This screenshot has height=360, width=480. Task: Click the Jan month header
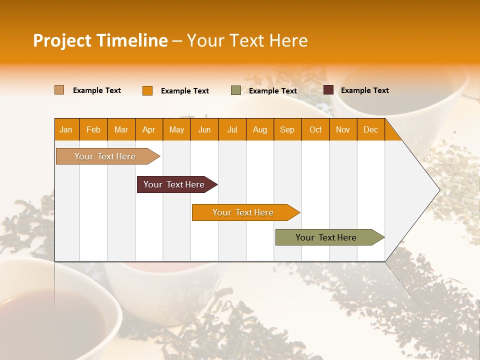click(x=66, y=129)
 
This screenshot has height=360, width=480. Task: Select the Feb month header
click(x=93, y=129)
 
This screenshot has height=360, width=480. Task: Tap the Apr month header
click(x=148, y=129)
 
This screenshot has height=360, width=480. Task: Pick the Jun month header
click(x=204, y=129)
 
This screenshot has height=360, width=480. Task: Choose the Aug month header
click(x=259, y=129)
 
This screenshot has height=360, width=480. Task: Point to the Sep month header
click(x=287, y=129)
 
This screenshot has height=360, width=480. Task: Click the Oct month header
click(x=315, y=129)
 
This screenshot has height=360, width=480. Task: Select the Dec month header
click(x=370, y=129)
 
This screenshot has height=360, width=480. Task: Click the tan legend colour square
click(x=59, y=90)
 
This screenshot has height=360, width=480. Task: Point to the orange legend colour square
click(x=147, y=90)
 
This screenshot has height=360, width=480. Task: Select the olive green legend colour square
click(x=236, y=90)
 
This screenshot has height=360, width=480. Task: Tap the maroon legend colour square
click(x=328, y=90)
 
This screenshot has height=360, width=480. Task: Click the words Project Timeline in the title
click(x=100, y=40)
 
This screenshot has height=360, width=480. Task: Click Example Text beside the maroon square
click(x=364, y=90)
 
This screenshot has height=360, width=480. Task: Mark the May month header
click(x=176, y=129)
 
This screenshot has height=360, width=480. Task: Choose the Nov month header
click(x=343, y=129)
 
